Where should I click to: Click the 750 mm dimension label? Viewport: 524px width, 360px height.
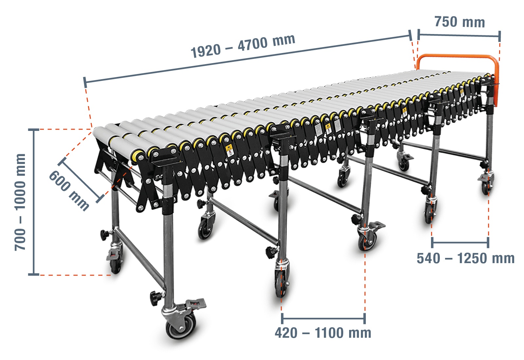[460, 22]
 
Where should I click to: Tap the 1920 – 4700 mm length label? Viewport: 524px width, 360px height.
[243, 46]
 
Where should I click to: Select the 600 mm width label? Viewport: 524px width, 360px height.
[69, 191]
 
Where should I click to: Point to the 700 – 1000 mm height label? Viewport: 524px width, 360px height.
[20, 202]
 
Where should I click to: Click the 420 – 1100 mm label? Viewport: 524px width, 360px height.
[323, 333]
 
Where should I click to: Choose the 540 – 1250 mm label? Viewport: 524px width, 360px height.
[465, 258]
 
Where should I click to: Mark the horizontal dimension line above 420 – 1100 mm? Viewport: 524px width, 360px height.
[324, 318]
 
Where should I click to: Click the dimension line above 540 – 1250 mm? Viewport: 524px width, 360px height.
[460, 243]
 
